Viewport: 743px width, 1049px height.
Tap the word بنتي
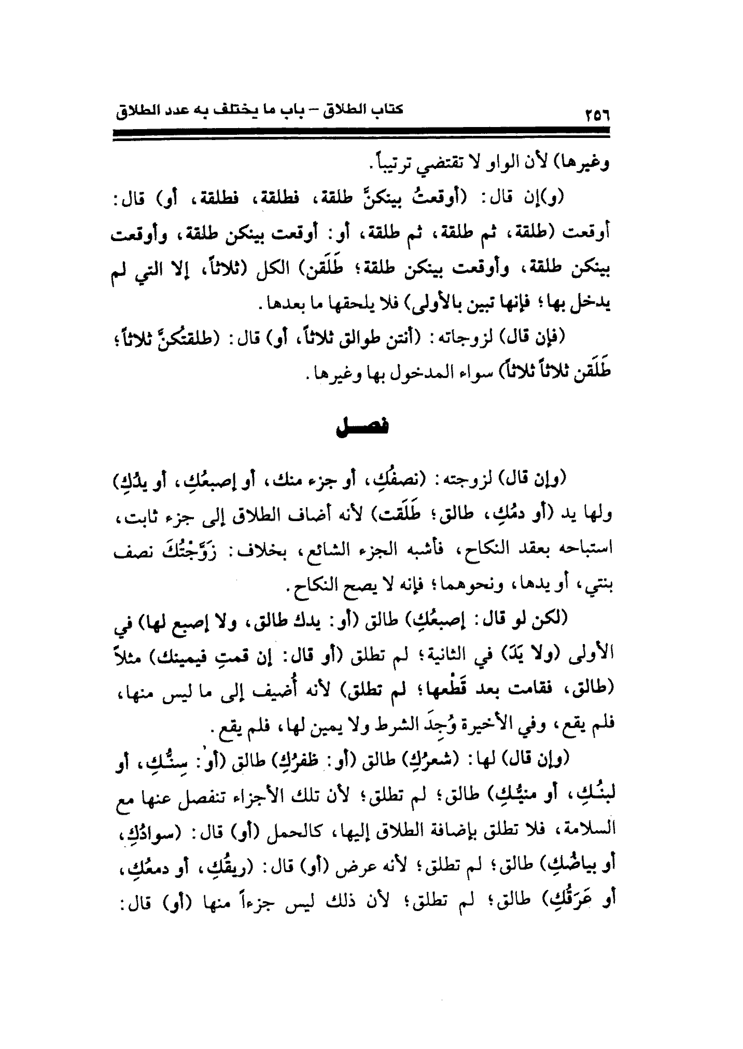point(597,585)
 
